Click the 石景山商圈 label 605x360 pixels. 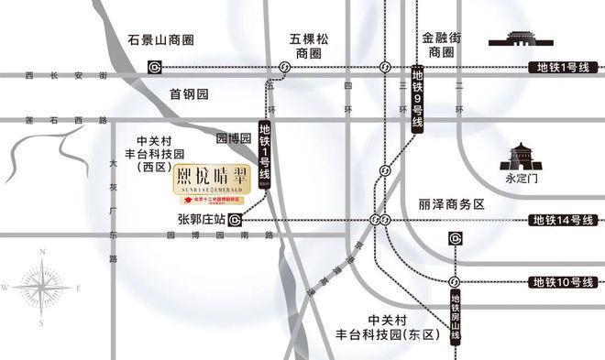coord(161,40)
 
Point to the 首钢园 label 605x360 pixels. coord(190,94)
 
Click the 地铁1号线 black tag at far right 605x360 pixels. coord(565,68)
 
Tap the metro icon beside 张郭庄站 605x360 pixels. coord(236,220)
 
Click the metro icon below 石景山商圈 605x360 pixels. coord(156,67)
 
